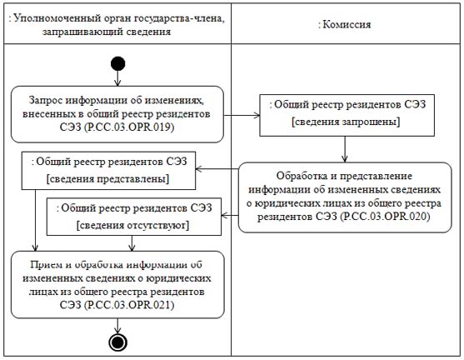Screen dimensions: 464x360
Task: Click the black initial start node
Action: pos(117,63)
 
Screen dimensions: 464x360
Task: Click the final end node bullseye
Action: pos(117,342)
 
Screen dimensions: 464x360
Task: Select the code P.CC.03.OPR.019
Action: pos(129,127)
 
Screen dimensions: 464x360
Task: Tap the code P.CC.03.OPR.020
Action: pos(385,217)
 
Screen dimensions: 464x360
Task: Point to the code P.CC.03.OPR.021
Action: pos(129,305)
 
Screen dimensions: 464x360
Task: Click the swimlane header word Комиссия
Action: pos(347,24)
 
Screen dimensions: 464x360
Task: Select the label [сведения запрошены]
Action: pos(346,122)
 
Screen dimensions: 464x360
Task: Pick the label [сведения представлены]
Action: pos(107,179)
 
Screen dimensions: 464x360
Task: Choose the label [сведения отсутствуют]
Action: pos(132,225)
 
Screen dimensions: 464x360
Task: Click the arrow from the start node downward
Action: pos(117,78)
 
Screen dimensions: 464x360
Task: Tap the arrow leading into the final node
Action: pos(117,326)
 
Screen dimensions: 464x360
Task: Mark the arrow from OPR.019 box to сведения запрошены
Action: pos(242,116)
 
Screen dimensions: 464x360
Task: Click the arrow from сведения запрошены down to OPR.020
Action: pos(344,149)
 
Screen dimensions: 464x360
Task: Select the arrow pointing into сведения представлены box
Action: pos(217,169)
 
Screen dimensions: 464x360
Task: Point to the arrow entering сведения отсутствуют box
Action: pos(230,215)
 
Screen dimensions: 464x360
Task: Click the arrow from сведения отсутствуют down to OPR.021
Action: pos(132,243)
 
